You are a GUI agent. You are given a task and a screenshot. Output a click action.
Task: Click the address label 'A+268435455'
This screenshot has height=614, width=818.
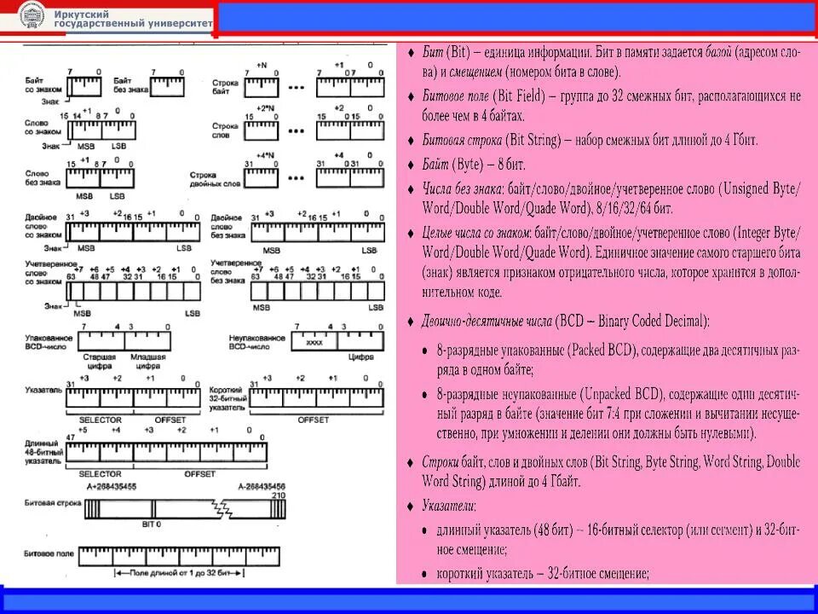pos(118,485)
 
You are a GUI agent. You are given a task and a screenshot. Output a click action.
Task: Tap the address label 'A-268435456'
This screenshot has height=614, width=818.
pos(262,485)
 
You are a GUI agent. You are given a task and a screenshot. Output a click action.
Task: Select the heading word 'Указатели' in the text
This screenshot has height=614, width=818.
pos(449,506)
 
